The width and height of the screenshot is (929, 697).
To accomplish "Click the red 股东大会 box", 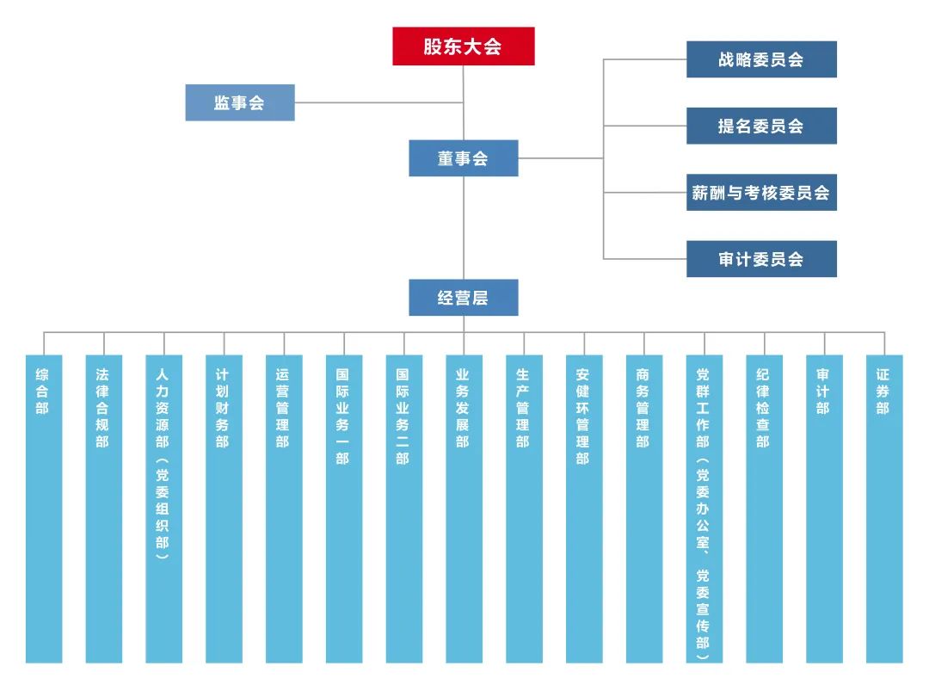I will pyautogui.click(x=464, y=46).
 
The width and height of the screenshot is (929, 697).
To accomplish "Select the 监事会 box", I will pyautogui.click(x=240, y=102).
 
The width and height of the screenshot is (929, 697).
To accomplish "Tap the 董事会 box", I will pyautogui.click(x=464, y=158).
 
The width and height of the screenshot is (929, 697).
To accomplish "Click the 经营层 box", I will pyautogui.click(x=464, y=298).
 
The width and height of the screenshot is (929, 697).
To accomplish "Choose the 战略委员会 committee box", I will pyautogui.click(x=761, y=59).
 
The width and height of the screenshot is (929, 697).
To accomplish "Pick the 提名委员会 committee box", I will pyautogui.click(x=761, y=126).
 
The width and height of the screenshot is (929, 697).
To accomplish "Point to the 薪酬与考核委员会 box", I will pyautogui.click(x=761, y=192).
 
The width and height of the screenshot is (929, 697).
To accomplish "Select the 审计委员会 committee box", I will pyautogui.click(x=761, y=258).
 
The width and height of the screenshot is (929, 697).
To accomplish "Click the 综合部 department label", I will pyautogui.click(x=43, y=392).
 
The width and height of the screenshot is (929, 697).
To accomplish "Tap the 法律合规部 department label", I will pyautogui.click(x=103, y=409).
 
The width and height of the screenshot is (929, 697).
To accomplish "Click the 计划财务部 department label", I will pyautogui.click(x=223, y=409).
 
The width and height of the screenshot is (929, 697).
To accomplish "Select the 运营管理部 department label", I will pyautogui.click(x=283, y=409).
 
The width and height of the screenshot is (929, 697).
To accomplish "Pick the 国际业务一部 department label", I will pyautogui.click(x=343, y=416).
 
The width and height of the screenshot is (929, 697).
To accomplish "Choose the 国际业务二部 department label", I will pyautogui.click(x=403, y=416).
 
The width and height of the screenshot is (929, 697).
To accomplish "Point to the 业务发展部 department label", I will pyautogui.click(x=464, y=409).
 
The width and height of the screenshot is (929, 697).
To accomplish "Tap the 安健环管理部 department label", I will pyautogui.click(x=583, y=416).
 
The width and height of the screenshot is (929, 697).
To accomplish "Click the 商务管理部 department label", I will pyautogui.click(x=643, y=409).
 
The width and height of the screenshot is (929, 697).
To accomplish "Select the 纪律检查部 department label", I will pyautogui.click(x=764, y=409).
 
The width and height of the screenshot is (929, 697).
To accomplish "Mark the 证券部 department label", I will pyautogui.click(x=883, y=392).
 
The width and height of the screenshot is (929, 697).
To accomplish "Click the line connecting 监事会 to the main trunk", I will pyautogui.click(x=378, y=102).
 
